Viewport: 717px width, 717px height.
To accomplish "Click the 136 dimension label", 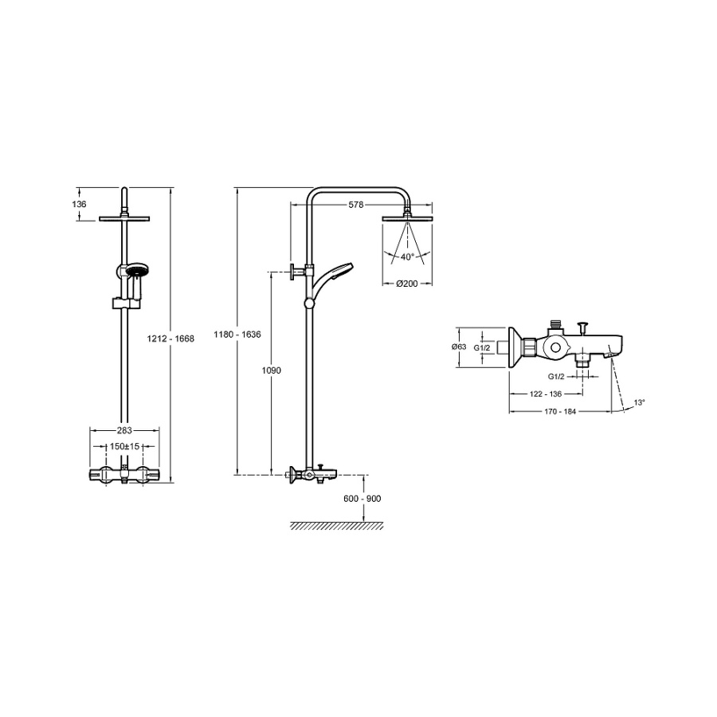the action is tap(79, 204).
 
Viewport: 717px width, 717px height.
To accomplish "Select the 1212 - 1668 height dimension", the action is tap(170, 339).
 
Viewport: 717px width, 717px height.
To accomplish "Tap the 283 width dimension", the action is tap(124, 430).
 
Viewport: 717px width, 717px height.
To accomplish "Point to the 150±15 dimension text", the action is tap(124, 446).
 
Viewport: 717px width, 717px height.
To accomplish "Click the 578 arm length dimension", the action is tap(356, 205).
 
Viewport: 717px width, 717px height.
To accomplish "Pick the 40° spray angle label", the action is tap(407, 257).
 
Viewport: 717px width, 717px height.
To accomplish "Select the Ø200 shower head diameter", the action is tap(407, 284).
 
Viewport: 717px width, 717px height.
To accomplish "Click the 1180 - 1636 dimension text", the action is tap(237, 335).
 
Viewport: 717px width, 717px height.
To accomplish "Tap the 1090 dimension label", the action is tap(271, 370).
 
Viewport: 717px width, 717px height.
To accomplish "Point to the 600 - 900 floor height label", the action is tap(362, 499).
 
